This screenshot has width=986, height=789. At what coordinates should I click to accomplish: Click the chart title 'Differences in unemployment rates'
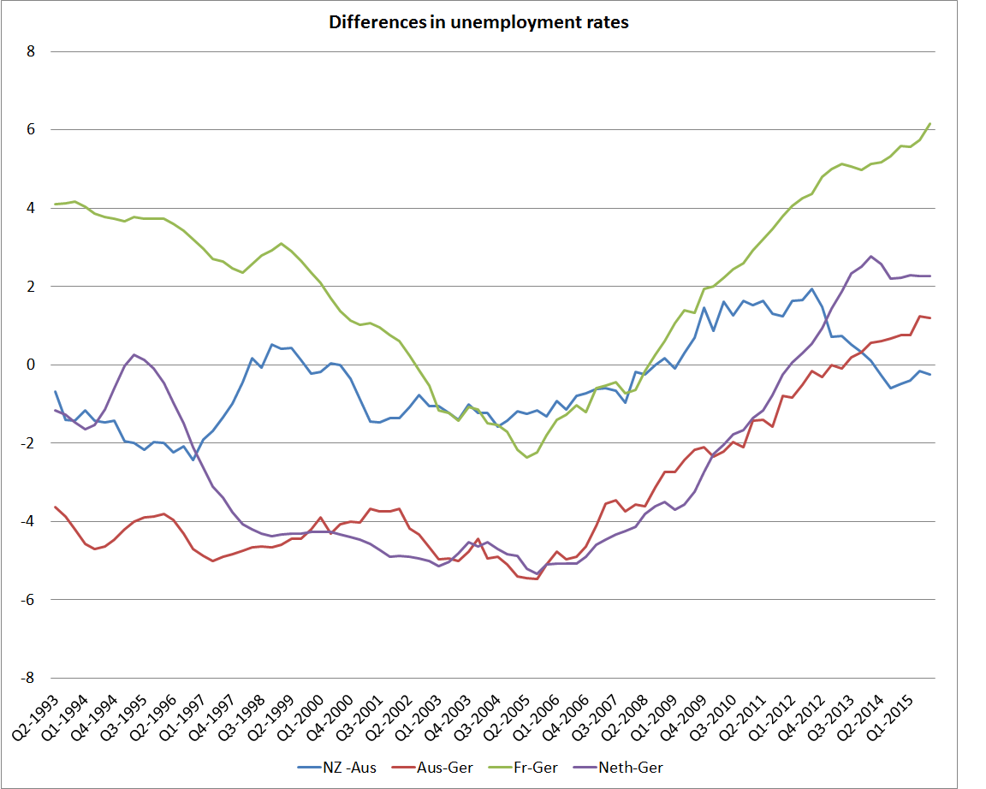pos(478,22)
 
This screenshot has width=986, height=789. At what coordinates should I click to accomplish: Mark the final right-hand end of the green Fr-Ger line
pos(930,124)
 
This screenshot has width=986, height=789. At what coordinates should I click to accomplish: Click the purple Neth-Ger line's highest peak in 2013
pos(871,256)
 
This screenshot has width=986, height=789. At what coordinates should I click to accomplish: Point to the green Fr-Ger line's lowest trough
pos(527,457)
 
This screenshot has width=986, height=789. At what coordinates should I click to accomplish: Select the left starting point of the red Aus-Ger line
pos(56,507)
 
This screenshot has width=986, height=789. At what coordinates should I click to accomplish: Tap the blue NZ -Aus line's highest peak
pos(812,288)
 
